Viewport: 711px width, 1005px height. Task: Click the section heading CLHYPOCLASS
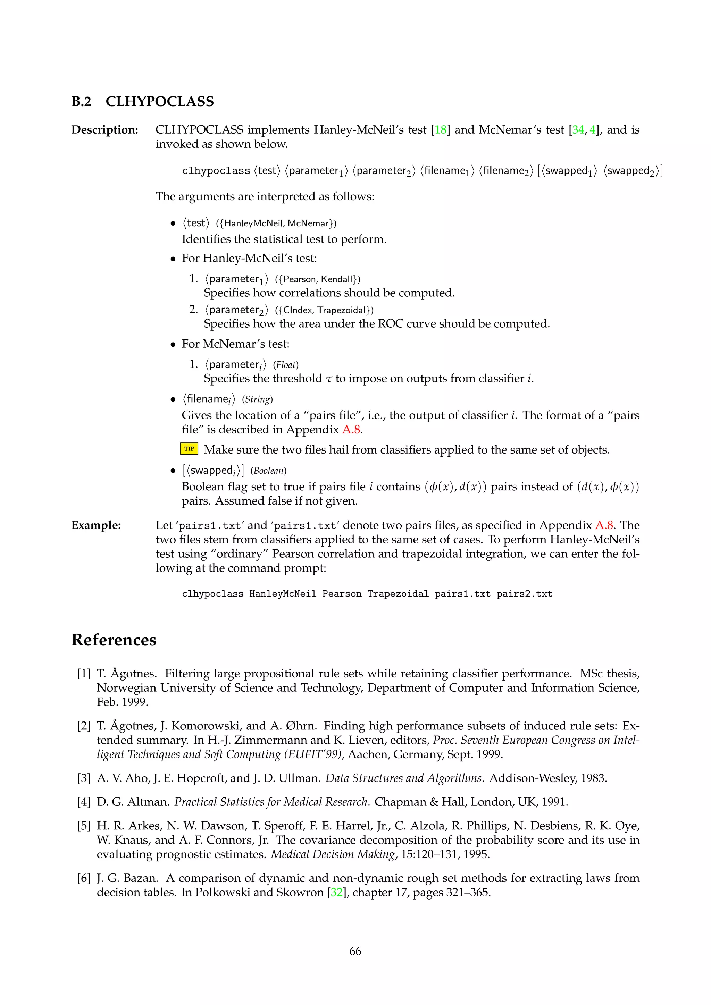160,102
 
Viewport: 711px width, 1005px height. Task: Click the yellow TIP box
189,449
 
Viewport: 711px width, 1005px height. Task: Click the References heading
114,640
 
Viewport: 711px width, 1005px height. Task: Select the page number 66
355,951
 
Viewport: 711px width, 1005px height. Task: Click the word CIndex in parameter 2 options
298,310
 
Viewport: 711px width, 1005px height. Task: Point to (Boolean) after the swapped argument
268,471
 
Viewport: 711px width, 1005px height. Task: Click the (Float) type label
285,365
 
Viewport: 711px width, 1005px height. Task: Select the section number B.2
82,102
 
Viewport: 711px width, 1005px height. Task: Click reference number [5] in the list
84,826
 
